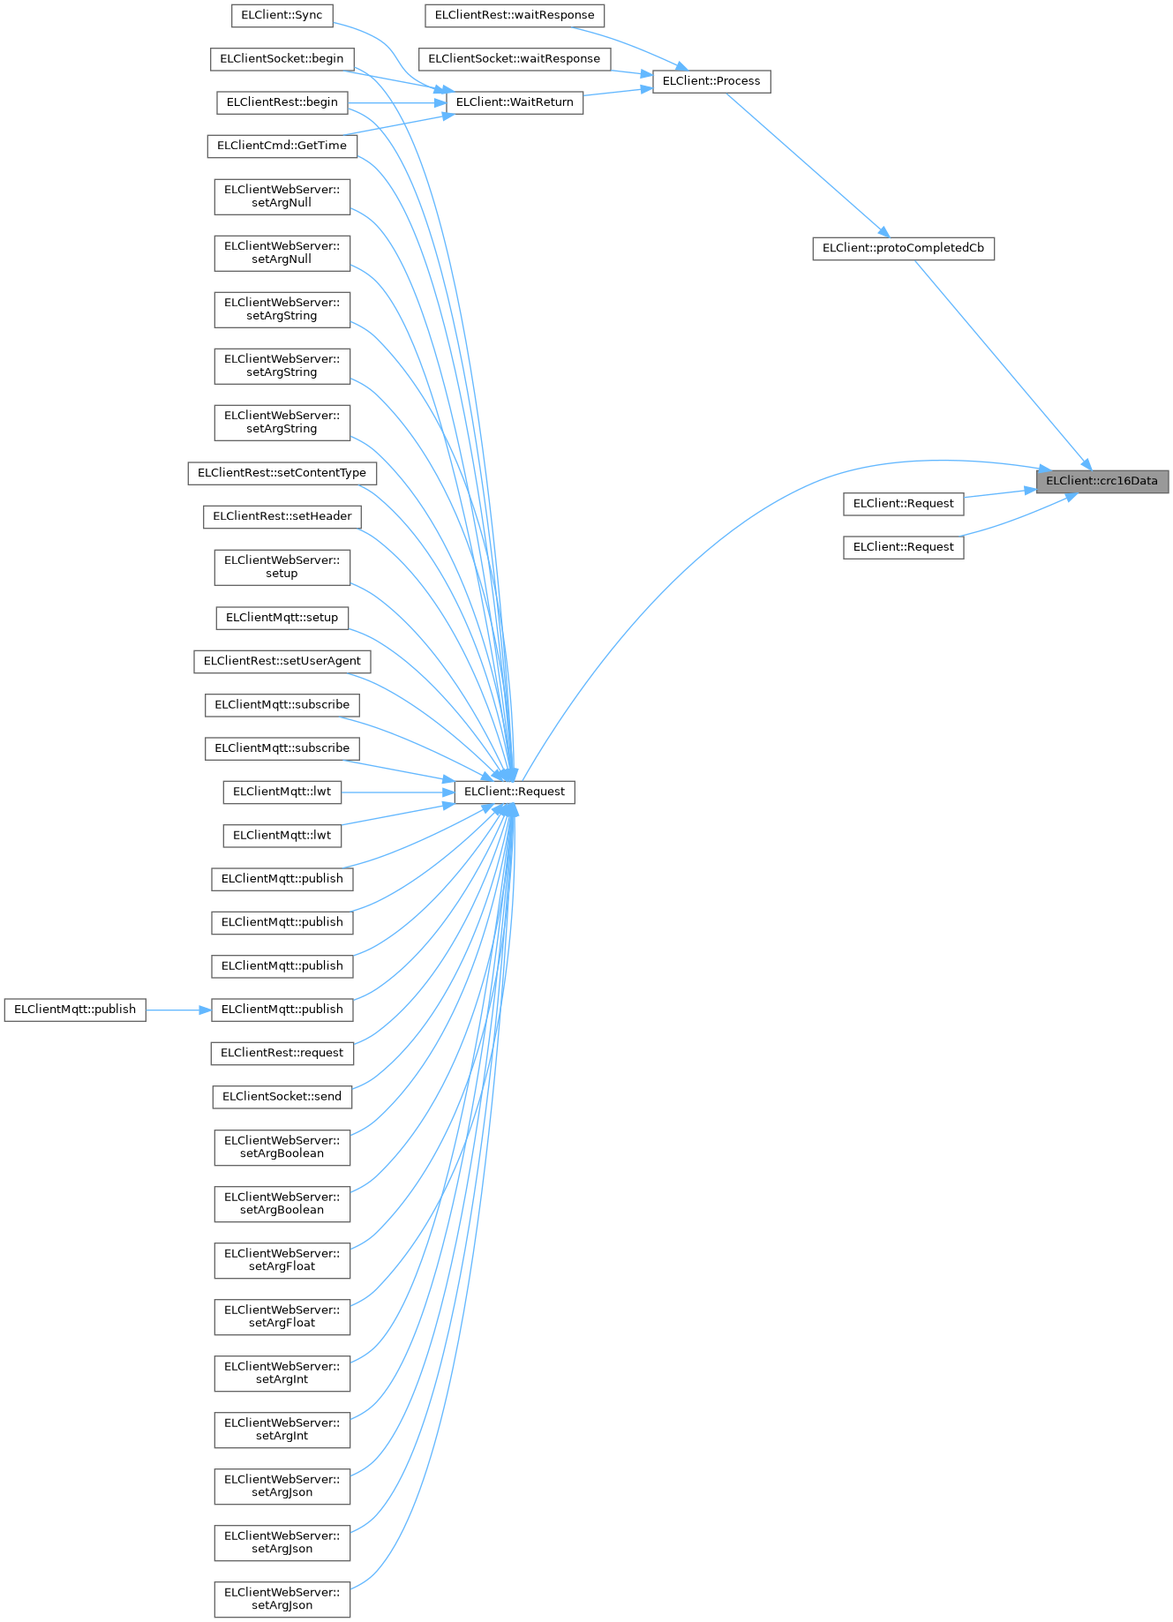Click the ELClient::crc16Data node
coord(1102,481)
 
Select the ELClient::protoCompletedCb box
coord(903,248)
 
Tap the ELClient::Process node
coord(711,81)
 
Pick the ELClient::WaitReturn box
coord(515,102)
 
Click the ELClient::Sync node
coord(282,15)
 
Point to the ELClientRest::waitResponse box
coord(515,15)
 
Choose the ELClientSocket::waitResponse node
coord(514,59)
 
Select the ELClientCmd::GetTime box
coord(282,146)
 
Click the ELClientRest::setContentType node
coord(282,473)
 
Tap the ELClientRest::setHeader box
coord(282,516)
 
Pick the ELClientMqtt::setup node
coord(282,618)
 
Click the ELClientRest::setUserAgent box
coord(282,661)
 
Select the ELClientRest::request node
coord(282,1053)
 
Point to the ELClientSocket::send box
coord(282,1097)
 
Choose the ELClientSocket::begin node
coord(282,59)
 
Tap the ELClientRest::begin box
coord(282,102)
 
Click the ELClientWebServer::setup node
coord(282,567)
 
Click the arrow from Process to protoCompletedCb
coord(803,163)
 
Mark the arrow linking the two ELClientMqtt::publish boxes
coord(178,1010)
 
